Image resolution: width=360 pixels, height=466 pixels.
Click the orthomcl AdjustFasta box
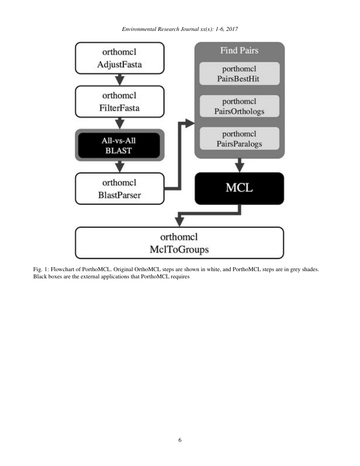click(x=119, y=58)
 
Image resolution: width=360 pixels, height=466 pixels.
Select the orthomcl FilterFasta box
click(x=119, y=101)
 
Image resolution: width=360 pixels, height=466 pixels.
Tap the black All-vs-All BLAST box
click(x=119, y=145)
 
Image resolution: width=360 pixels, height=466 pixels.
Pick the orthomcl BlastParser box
click(x=119, y=189)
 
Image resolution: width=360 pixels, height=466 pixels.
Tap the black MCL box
click(x=239, y=188)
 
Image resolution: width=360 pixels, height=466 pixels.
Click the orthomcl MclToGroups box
click(x=179, y=243)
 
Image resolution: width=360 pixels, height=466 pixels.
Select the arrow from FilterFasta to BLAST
click(x=120, y=123)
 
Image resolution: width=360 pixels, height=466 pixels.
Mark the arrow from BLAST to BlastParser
click(x=120, y=166)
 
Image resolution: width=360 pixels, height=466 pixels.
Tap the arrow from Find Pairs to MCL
click(x=240, y=165)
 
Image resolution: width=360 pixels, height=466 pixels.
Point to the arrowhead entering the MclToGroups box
click(x=180, y=222)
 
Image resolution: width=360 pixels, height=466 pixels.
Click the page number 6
click(x=180, y=440)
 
